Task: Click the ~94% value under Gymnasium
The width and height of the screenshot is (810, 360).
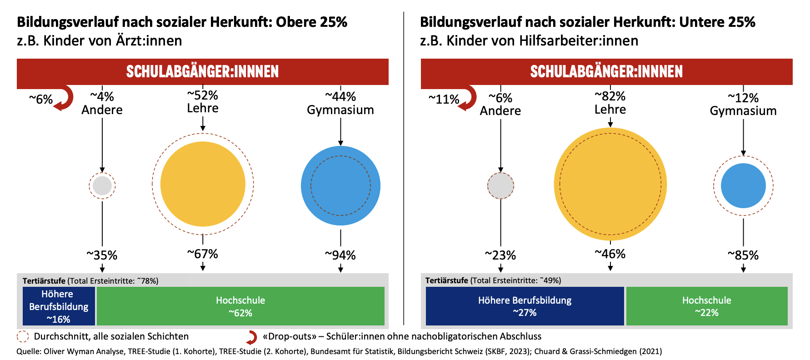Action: (340, 255)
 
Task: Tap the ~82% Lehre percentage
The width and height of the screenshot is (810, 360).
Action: (610, 96)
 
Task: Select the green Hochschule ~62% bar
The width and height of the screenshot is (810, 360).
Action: (240, 306)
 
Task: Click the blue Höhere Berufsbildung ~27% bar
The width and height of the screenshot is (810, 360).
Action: (525, 306)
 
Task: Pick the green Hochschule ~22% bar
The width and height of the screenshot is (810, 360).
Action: (706, 306)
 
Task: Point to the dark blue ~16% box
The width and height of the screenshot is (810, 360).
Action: (59, 306)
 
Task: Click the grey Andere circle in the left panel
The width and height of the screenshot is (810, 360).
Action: (102, 185)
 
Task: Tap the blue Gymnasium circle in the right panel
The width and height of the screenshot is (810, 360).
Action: (743, 185)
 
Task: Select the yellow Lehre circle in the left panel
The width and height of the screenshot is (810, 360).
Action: (203, 184)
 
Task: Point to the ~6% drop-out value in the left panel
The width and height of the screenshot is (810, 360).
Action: (41, 99)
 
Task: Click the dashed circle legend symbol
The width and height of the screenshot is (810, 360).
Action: (23, 336)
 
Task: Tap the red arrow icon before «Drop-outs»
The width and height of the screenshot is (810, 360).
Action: (252, 337)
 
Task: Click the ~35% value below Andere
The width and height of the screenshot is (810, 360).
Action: (102, 255)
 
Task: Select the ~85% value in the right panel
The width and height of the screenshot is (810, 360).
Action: (743, 255)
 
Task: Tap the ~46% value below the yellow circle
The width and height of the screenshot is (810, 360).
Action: (610, 254)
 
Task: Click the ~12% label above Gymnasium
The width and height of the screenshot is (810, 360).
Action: (743, 98)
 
